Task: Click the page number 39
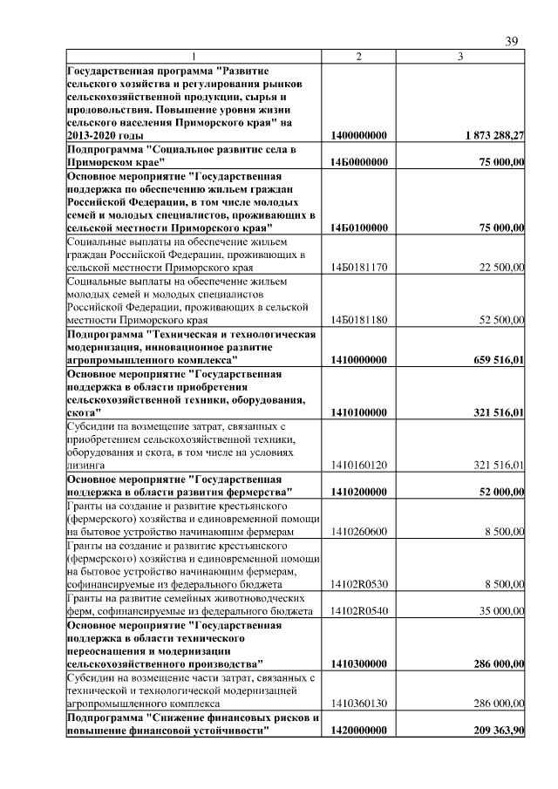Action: coord(513,41)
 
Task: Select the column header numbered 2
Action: coord(358,56)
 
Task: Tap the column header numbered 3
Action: coord(460,56)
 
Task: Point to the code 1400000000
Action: coord(359,136)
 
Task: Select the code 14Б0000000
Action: coord(359,162)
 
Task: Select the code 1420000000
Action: coord(359,731)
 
